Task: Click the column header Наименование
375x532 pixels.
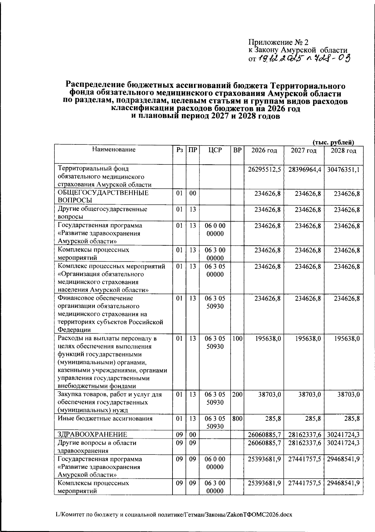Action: click(x=114, y=150)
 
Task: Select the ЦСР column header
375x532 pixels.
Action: click(x=215, y=150)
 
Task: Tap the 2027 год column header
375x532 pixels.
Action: click(x=303, y=151)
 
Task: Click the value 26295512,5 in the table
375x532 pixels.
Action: click(x=264, y=169)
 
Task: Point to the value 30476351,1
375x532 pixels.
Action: click(x=343, y=169)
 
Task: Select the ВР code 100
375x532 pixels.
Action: click(x=237, y=339)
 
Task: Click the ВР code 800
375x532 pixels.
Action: click(x=237, y=419)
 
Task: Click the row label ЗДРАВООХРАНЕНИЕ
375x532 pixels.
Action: click(x=92, y=434)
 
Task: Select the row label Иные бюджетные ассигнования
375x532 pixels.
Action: click(x=105, y=419)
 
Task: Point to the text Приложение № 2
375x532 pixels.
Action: click(x=278, y=42)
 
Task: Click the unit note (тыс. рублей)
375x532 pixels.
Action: click(x=333, y=142)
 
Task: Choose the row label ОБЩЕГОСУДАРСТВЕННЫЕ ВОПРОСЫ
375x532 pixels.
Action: click(x=103, y=197)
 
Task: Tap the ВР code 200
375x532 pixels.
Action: click(x=237, y=395)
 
